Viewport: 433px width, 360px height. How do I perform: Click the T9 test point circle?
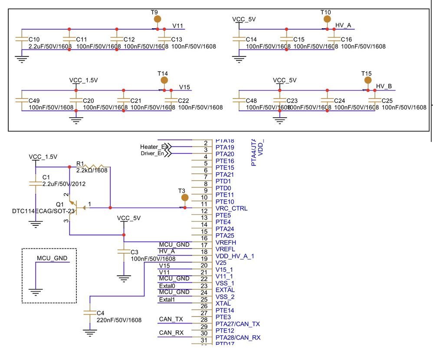(x=157, y=19)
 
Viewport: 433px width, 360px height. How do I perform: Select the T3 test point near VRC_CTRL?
(x=184, y=198)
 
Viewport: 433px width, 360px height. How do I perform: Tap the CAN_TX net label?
(x=171, y=319)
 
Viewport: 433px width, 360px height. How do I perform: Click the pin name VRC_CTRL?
(x=231, y=208)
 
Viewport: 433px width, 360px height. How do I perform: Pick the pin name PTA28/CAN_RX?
(x=237, y=337)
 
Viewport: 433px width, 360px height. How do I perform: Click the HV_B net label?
(x=384, y=86)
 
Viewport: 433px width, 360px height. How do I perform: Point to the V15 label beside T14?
(x=185, y=86)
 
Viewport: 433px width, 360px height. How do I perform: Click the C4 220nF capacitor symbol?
(x=90, y=313)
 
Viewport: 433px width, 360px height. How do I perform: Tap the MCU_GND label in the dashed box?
(x=52, y=258)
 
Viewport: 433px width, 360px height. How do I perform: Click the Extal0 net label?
(x=167, y=286)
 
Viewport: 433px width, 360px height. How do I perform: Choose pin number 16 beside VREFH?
(x=204, y=238)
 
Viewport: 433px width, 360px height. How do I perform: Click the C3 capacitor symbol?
(x=124, y=252)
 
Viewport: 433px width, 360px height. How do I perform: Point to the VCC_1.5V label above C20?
(x=84, y=80)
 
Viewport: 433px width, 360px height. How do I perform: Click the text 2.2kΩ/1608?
(x=92, y=171)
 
